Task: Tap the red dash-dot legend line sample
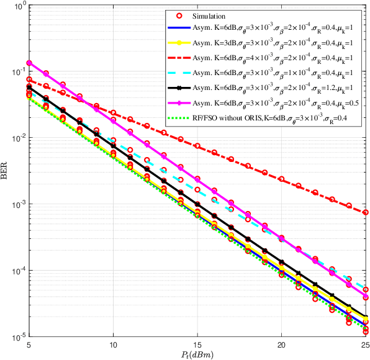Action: [x=179, y=57]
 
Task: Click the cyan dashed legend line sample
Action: [x=179, y=71]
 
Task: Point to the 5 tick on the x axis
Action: [x=29, y=344]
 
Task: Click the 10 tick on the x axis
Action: [x=113, y=344]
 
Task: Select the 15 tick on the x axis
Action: [x=197, y=344]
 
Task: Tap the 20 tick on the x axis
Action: [x=282, y=344]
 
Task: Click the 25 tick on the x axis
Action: [x=366, y=344]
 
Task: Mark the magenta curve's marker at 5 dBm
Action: [x=29, y=63]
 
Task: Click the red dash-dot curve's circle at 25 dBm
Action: [x=366, y=212]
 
